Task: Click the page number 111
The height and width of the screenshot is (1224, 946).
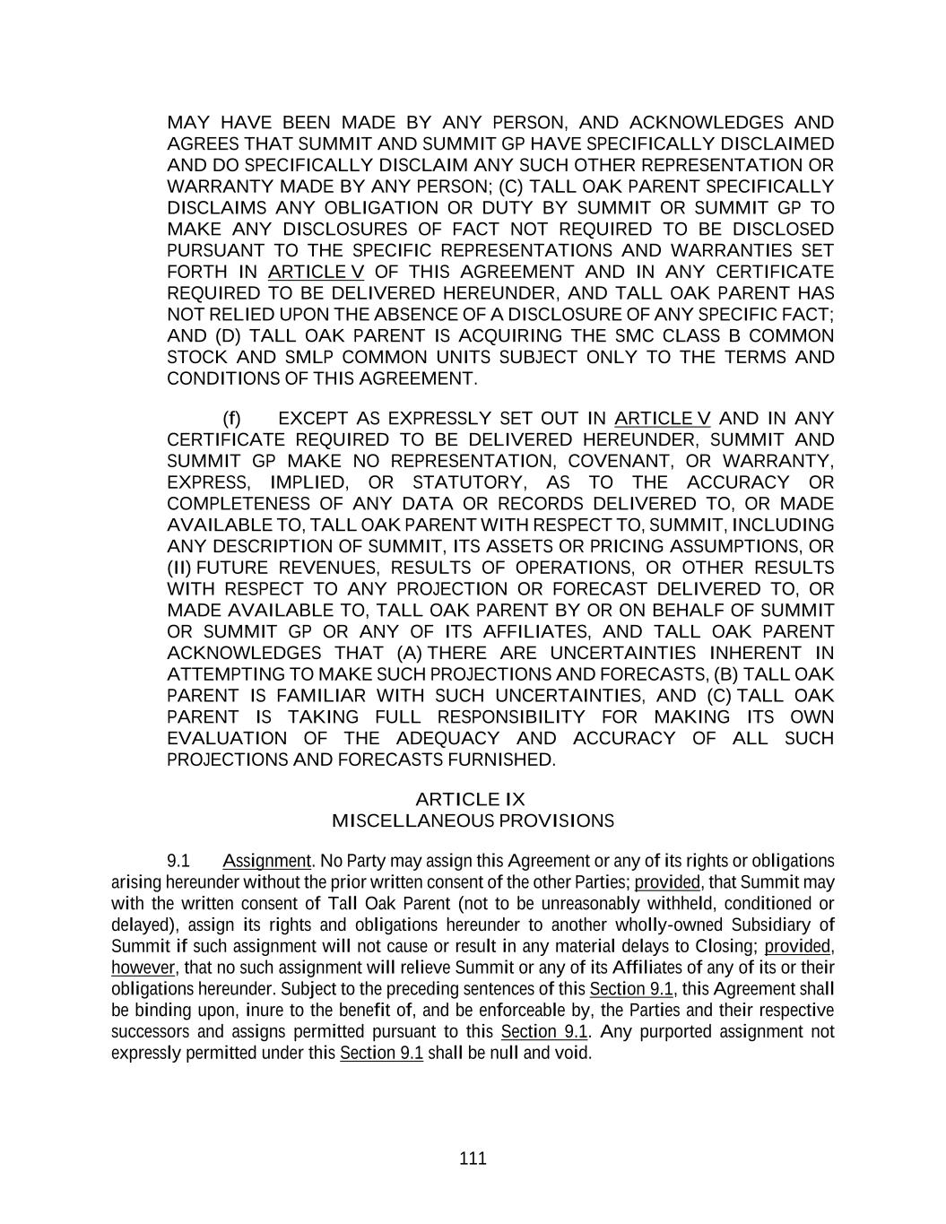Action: [x=473, y=1158]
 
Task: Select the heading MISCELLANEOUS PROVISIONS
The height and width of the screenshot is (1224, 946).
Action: [x=473, y=820]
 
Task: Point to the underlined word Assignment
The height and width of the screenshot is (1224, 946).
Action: [x=266, y=861]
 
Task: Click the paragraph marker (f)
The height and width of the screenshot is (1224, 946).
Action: [x=232, y=419]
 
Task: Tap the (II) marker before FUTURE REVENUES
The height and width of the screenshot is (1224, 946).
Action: [x=179, y=568]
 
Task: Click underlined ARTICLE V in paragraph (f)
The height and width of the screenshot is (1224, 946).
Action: [x=663, y=419]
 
